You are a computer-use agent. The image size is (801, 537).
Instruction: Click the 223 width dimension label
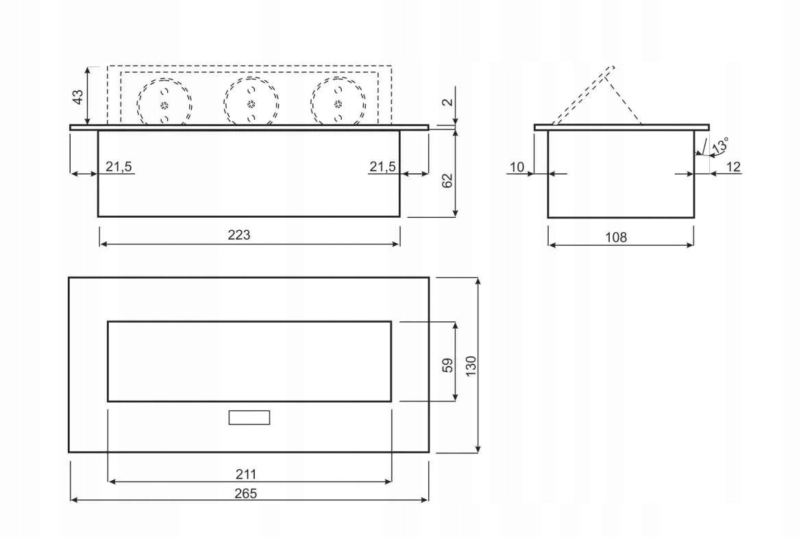click(x=239, y=235)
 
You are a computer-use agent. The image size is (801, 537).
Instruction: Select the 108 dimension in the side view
click(x=616, y=238)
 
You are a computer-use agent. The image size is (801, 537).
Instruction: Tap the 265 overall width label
click(x=246, y=494)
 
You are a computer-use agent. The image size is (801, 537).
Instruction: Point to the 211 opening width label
click(x=246, y=475)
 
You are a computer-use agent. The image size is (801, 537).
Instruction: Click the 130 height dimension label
click(x=471, y=366)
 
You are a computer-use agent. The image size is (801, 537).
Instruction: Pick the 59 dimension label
click(x=447, y=365)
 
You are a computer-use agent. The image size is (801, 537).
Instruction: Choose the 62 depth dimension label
click(x=447, y=181)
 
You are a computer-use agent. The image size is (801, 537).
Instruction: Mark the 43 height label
click(x=77, y=97)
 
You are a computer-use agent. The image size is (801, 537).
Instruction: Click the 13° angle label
click(x=720, y=145)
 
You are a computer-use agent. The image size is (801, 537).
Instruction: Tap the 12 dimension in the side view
click(x=733, y=167)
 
